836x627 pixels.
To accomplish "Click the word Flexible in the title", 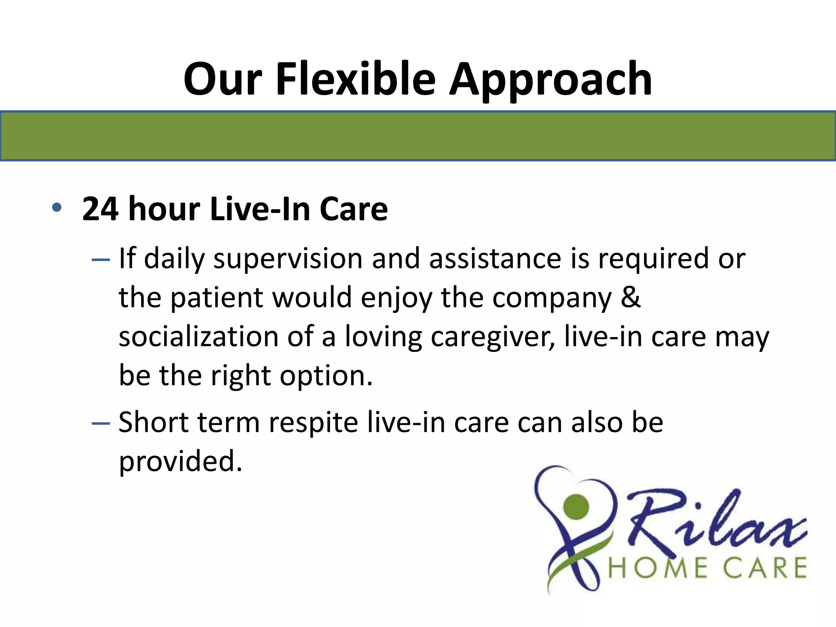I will click(356, 78).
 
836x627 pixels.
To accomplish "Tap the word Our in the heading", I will click(222, 78).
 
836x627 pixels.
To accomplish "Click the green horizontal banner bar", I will click(418, 136).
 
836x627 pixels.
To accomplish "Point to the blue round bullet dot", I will click(56, 208).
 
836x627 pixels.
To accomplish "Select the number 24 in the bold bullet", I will click(100, 209).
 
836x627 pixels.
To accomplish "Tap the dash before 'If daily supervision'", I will click(101, 260).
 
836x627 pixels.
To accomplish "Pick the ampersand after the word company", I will click(631, 297).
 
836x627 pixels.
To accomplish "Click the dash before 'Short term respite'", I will click(101, 423).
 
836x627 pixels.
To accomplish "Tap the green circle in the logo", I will click(576, 506).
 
